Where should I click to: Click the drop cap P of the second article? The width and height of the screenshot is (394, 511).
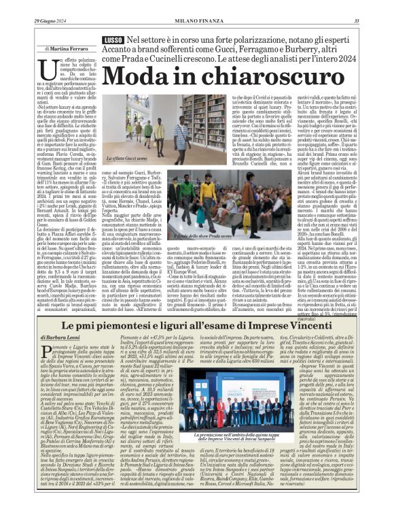click(44, 350)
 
